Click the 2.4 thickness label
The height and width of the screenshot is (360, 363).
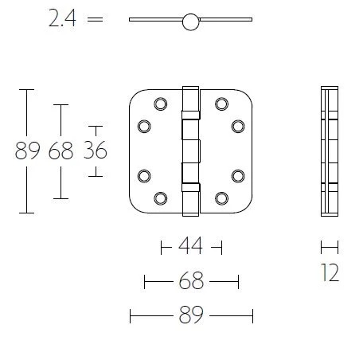(62, 18)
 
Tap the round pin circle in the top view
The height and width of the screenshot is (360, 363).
(191, 22)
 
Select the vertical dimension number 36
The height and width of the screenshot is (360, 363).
(96, 151)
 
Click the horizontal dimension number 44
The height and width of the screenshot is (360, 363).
(191, 246)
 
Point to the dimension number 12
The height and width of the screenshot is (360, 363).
(330, 272)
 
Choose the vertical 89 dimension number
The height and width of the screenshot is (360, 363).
(28, 151)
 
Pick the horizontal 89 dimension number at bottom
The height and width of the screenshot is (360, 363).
(191, 315)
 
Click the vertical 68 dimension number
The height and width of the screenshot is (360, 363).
(60, 151)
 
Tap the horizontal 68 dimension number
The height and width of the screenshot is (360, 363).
(191, 280)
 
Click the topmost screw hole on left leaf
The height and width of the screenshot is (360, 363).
(161, 104)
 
